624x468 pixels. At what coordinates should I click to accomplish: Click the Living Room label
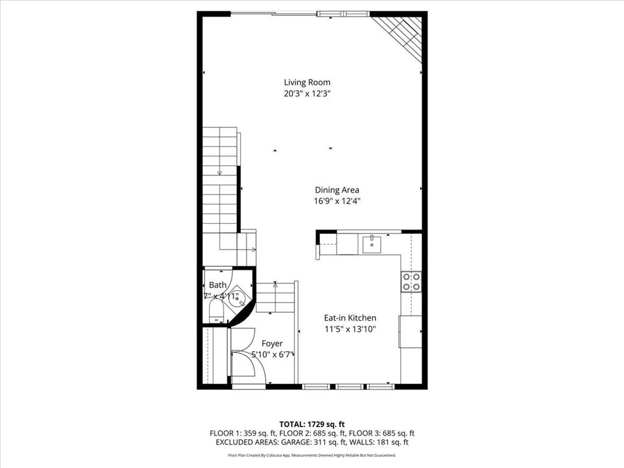307,82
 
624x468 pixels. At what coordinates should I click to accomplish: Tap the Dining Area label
336,190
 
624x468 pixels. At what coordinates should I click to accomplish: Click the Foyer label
272,344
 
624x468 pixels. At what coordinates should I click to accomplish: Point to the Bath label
218,285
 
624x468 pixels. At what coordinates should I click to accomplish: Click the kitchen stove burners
411,282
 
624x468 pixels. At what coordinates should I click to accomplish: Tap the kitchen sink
371,244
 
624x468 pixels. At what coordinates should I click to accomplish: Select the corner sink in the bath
239,298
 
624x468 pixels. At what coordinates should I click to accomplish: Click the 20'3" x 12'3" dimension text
307,94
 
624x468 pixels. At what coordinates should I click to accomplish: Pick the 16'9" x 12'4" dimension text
336,201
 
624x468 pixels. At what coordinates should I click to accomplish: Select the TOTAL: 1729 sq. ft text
311,424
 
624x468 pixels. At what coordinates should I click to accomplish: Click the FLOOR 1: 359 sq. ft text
239,433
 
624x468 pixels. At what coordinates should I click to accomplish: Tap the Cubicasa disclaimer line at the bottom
311,455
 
